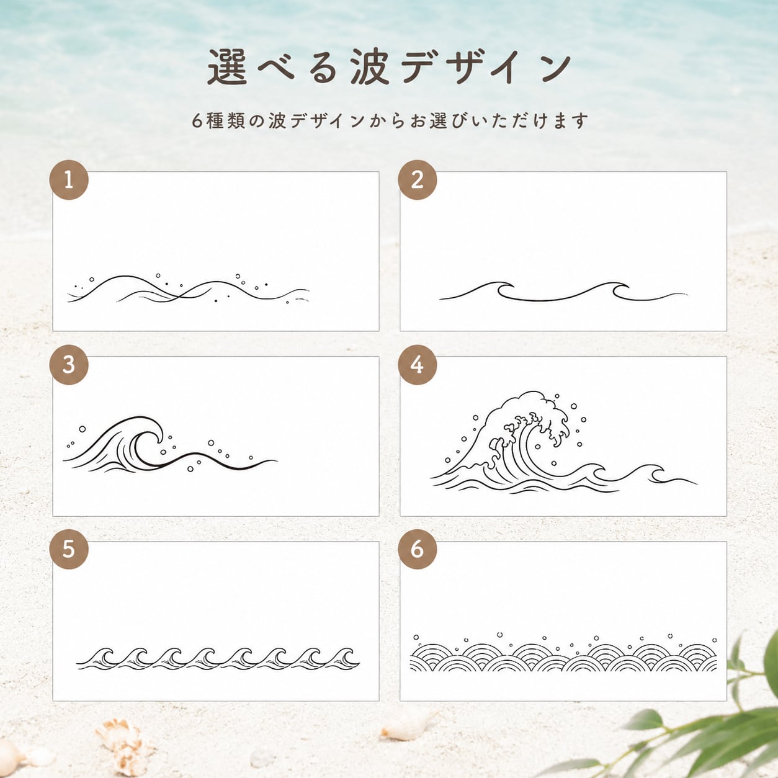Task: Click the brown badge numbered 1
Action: coord(69,180)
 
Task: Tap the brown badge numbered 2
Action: coord(417,180)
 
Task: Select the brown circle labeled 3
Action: coord(69,365)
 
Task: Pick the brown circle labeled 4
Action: coord(417,365)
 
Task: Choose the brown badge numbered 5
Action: coord(69,550)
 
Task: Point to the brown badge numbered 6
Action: coord(417,550)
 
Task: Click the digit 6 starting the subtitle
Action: coord(197,121)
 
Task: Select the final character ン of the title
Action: coord(552,68)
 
